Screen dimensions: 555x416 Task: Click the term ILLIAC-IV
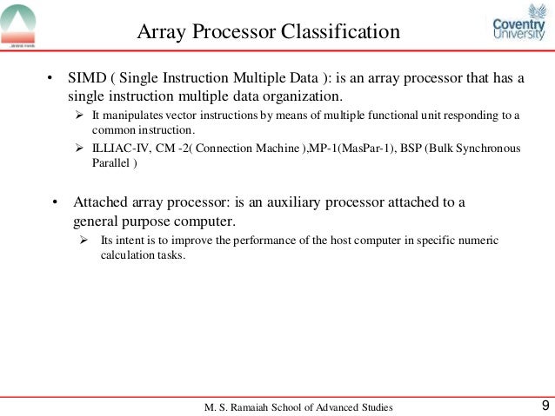pos(121,148)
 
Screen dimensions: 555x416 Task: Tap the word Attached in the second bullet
pos(102,203)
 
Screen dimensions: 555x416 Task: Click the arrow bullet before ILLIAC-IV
pos(78,148)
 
